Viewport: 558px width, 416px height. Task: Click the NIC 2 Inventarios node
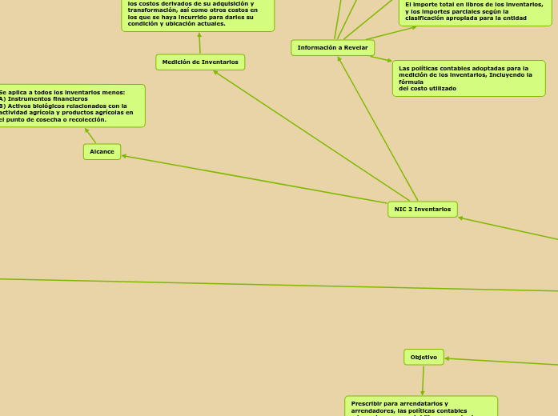[x=423, y=210]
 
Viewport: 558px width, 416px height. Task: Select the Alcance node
[x=102, y=152]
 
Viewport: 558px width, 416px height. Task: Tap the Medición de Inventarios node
[x=200, y=62]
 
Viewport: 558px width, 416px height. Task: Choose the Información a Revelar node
[x=332, y=48]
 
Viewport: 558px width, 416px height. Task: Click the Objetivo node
[x=424, y=357]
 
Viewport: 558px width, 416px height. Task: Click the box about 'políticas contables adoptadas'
[x=468, y=78]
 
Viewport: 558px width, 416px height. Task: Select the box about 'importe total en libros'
[x=474, y=11]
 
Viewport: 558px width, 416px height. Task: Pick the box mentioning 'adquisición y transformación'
[x=198, y=14]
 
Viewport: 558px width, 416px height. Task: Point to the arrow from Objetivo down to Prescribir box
[x=423, y=381]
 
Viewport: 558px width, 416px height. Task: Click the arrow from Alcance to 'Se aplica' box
[x=90, y=136]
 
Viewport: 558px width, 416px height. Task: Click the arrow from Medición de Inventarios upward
[x=199, y=43]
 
